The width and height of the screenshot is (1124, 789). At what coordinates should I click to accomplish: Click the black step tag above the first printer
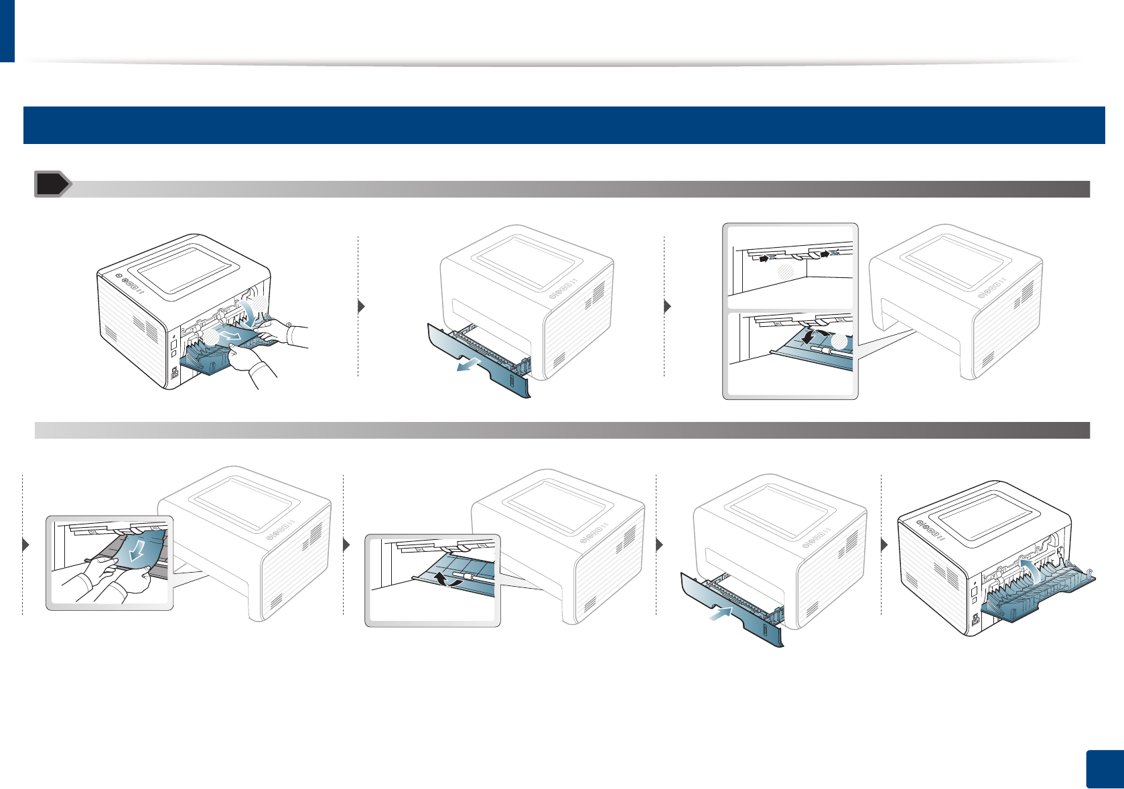pos(52,184)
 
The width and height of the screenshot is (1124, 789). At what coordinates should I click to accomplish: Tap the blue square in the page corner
pos(1104,770)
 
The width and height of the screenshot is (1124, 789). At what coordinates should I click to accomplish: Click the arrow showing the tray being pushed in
pos(721,613)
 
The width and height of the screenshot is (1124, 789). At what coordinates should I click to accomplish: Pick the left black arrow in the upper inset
pos(763,259)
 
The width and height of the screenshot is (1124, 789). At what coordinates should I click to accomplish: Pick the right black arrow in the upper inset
pos(825,253)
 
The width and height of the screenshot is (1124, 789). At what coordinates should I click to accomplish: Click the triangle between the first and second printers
pos(362,307)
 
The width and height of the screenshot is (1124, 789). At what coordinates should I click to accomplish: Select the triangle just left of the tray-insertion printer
pos(660,545)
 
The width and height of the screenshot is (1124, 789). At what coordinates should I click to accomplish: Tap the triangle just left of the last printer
pos(884,545)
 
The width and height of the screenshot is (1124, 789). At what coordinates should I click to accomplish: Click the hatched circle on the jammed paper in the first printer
pos(211,337)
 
